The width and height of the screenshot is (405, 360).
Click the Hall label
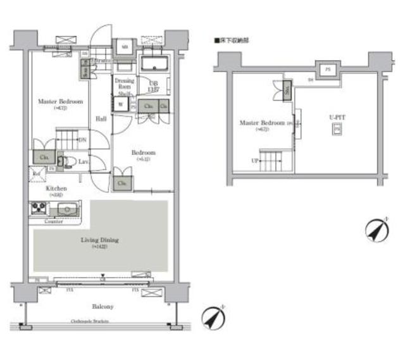[x=101, y=118]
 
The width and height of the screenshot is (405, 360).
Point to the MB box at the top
[x=124, y=46]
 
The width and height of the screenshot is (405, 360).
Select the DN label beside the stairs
[x=83, y=140]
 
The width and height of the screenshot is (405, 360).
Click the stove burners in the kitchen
[x=37, y=208]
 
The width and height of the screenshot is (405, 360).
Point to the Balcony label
[x=102, y=306]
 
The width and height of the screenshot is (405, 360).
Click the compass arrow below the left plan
[x=213, y=318]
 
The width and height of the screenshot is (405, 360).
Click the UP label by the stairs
[x=255, y=161]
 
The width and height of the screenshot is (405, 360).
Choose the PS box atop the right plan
[x=327, y=69]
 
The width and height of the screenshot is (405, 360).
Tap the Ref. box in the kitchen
[x=35, y=173]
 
